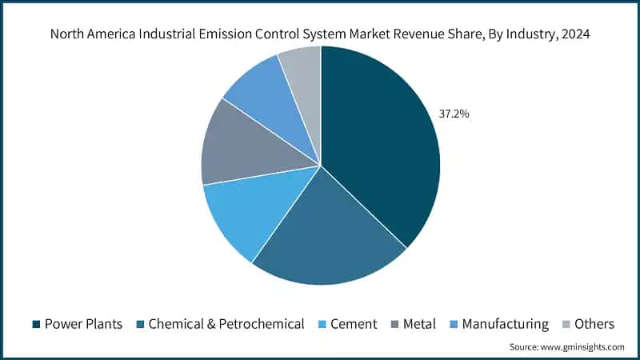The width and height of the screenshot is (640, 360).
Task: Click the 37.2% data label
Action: [x=454, y=114]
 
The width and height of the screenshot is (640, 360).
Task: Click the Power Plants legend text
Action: [x=83, y=324]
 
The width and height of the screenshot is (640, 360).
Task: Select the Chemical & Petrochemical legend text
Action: [x=225, y=324]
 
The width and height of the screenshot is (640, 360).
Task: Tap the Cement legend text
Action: [x=353, y=324]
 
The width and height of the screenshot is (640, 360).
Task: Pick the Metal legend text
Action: [x=420, y=324]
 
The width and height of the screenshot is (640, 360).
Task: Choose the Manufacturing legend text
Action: [x=505, y=324]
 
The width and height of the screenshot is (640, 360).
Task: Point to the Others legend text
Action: [x=595, y=324]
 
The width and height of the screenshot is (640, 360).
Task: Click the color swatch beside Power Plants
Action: [x=36, y=324]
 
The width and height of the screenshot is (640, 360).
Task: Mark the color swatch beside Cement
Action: [x=322, y=324]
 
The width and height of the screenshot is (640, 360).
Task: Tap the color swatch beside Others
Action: [x=567, y=324]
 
